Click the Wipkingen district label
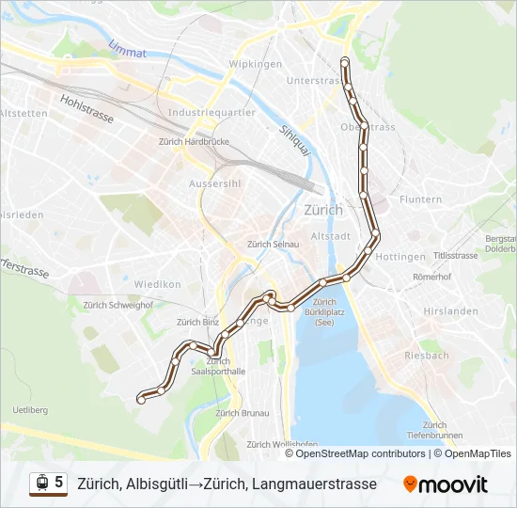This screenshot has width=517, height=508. [256, 65]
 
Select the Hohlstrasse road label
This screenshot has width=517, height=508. [86, 109]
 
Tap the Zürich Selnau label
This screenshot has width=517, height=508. [273, 245]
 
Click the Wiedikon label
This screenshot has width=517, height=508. [157, 283]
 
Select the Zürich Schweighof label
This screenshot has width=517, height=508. [117, 305]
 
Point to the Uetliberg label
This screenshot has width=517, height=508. [30, 410]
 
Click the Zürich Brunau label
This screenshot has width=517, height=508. [242, 413]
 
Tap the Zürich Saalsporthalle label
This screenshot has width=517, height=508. [218, 366]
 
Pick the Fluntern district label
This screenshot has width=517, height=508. [420, 199]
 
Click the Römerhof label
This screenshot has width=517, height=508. [431, 278]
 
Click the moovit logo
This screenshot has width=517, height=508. [446, 484]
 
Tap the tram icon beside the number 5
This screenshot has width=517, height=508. [41, 483]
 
